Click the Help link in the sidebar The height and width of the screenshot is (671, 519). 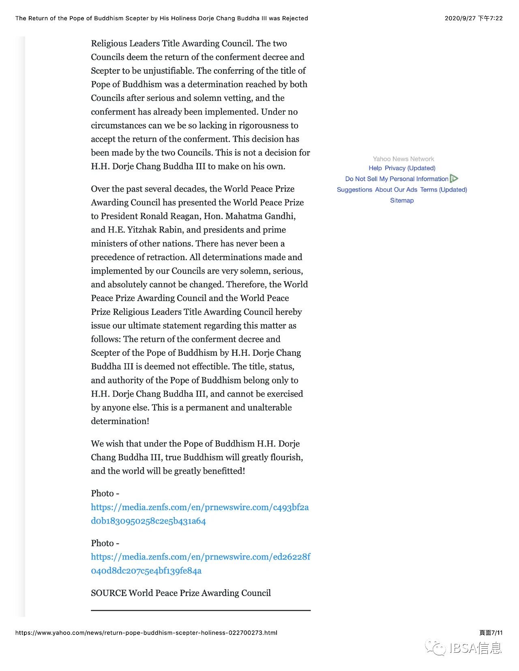(x=375, y=168)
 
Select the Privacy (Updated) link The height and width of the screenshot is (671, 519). (x=410, y=168)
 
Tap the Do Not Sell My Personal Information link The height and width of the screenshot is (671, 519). (x=397, y=179)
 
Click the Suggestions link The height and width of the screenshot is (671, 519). (x=354, y=190)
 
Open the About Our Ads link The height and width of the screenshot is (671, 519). (x=396, y=190)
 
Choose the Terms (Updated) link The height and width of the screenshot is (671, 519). (x=444, y=190)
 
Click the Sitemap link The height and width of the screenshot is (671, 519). (x=402, y=201)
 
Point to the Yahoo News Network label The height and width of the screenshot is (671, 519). (x=403, y=159)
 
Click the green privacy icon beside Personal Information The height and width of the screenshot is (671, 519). (x=454, y=179)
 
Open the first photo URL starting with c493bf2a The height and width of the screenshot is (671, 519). (x=199, y=514)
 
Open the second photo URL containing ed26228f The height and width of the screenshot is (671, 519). (x=200, y=564)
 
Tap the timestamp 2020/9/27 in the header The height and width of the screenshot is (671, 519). (x=460, y=18)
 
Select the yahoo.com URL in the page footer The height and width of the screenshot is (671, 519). (x=146, y=633)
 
